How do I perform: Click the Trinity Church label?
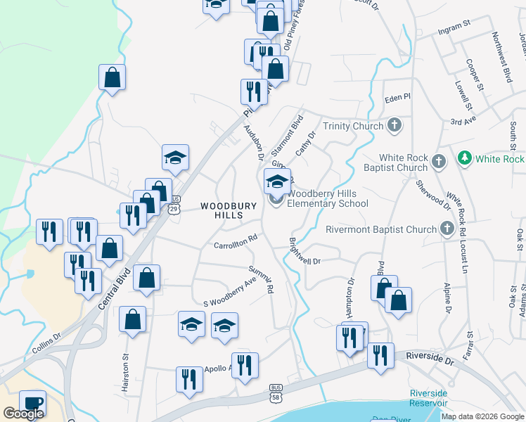(x=353, y=126)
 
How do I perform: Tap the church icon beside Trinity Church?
(x=394, y=126)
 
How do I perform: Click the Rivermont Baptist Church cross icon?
(x=447, y=229)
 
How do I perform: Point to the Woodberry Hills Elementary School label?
(x=328, y=198)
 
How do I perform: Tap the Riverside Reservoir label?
(x=429, y=398)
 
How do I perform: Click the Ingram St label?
(x=453, y=25)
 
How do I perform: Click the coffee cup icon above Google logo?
(x=32, y=403)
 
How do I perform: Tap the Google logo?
(x=23, y=414)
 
